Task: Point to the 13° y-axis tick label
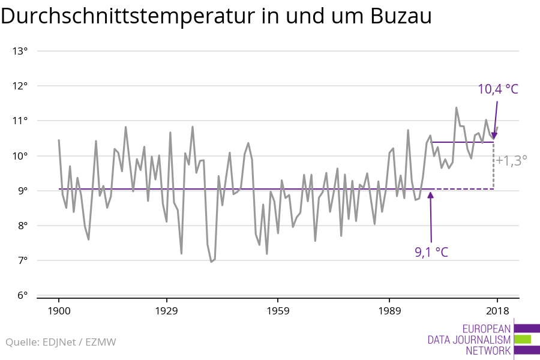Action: click(20, 51)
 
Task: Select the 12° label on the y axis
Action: click(20, 86)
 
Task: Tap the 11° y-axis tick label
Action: click(20, 121)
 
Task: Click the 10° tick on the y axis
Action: click(20, 156)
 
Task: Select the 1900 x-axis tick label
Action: click(59, 311)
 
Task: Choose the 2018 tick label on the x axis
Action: click(497, 311)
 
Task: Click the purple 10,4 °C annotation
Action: click(497, 89)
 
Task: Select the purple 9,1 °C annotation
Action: click(431, 252)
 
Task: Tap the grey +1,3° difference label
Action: click(511, 160)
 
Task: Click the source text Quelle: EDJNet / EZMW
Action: click(61, 343)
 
